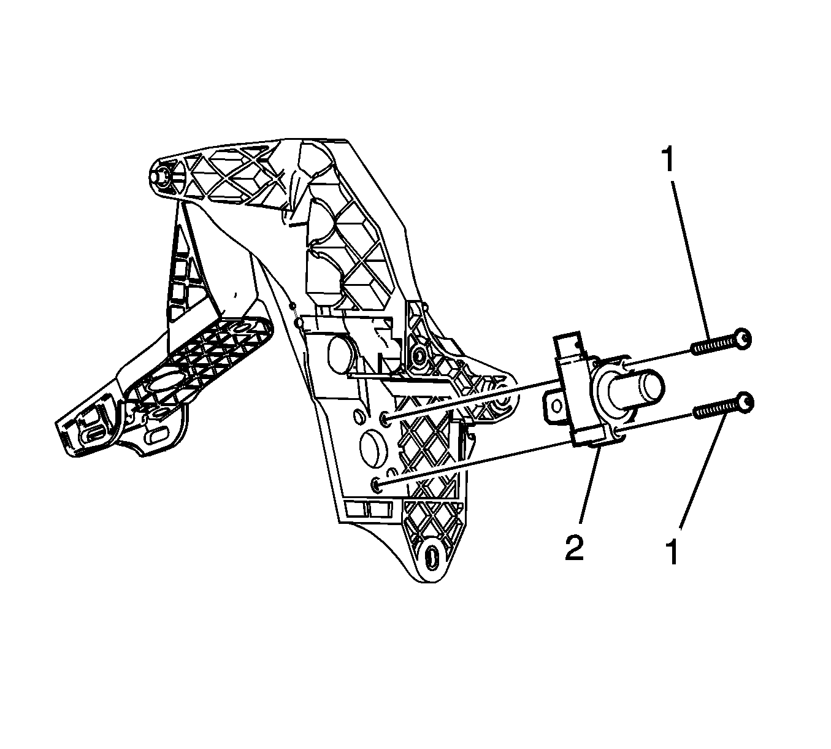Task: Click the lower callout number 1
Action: [x=672, y=551]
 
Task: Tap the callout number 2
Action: [x=575, y=548]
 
